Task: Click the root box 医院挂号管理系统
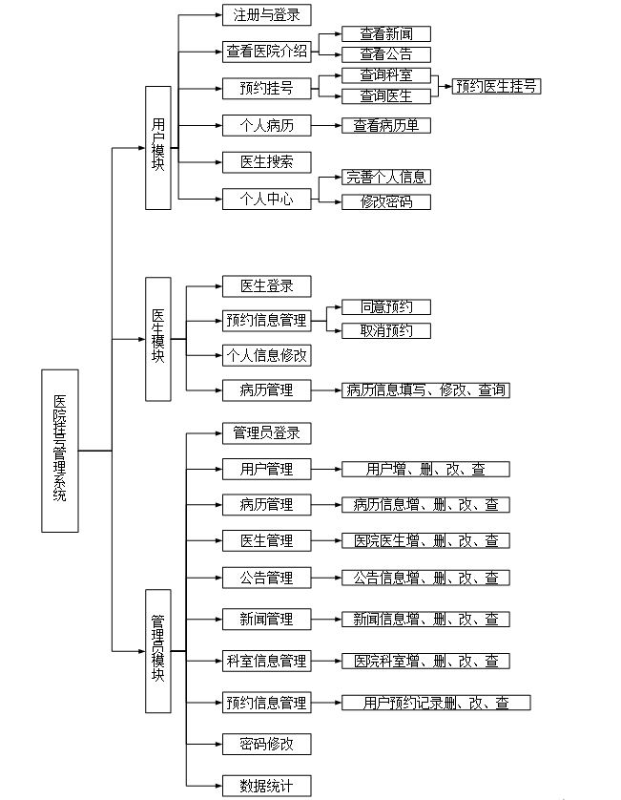coord(60,451)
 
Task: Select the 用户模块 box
coord(158,148)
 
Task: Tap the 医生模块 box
coord(158,339)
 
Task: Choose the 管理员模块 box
coord(158,651)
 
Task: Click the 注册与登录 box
coord(267,15)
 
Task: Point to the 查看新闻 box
coord(386,34)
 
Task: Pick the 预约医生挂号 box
coord(496,86)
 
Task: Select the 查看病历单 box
coord(386,125)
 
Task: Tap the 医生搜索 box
coord(267,162)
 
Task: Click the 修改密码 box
coord(386,202)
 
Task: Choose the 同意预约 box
coord(386,307)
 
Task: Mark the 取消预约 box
coord(386,331)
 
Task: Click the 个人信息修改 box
coord(267,356)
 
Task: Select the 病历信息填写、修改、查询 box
coord(425,390)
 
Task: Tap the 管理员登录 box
coord(267,433)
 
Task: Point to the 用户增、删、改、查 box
coord(425,470)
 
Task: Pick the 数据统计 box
coord(267,786)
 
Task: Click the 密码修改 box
coord(267,745)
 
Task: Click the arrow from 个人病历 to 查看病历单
coord(326,125)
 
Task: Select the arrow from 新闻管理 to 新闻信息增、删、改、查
coord(326,620)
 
